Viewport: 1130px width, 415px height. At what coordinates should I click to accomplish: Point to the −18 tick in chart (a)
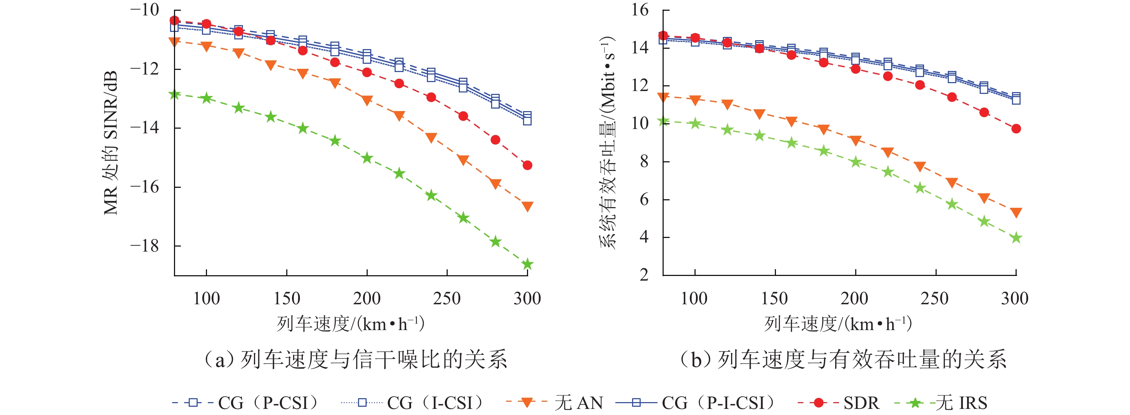(x=145, y=246)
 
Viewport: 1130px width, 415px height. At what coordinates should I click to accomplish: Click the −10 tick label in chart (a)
(x=145, y=10)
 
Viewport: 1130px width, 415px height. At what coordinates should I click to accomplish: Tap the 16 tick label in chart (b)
(x=640, y=10)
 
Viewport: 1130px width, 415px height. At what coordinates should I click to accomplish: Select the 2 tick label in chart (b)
(x=644, y=275)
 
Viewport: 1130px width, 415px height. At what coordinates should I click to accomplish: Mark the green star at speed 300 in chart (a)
(x=527, y=264)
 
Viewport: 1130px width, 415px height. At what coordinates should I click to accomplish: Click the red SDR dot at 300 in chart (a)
(x=527, y=165)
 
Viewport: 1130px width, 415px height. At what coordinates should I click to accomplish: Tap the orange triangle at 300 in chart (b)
(x=1016, y=213)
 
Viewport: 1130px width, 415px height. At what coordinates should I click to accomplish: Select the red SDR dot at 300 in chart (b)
(x=1016, y=129)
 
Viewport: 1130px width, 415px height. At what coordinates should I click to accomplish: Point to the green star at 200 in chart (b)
(x=856, y=162)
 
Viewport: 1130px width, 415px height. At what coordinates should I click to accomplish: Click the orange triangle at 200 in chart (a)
(x=367, y=100)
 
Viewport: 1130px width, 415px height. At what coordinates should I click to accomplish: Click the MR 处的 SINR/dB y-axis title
(x=110, y=142)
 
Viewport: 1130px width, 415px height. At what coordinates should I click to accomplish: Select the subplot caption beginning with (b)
(x=842, y=360)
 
